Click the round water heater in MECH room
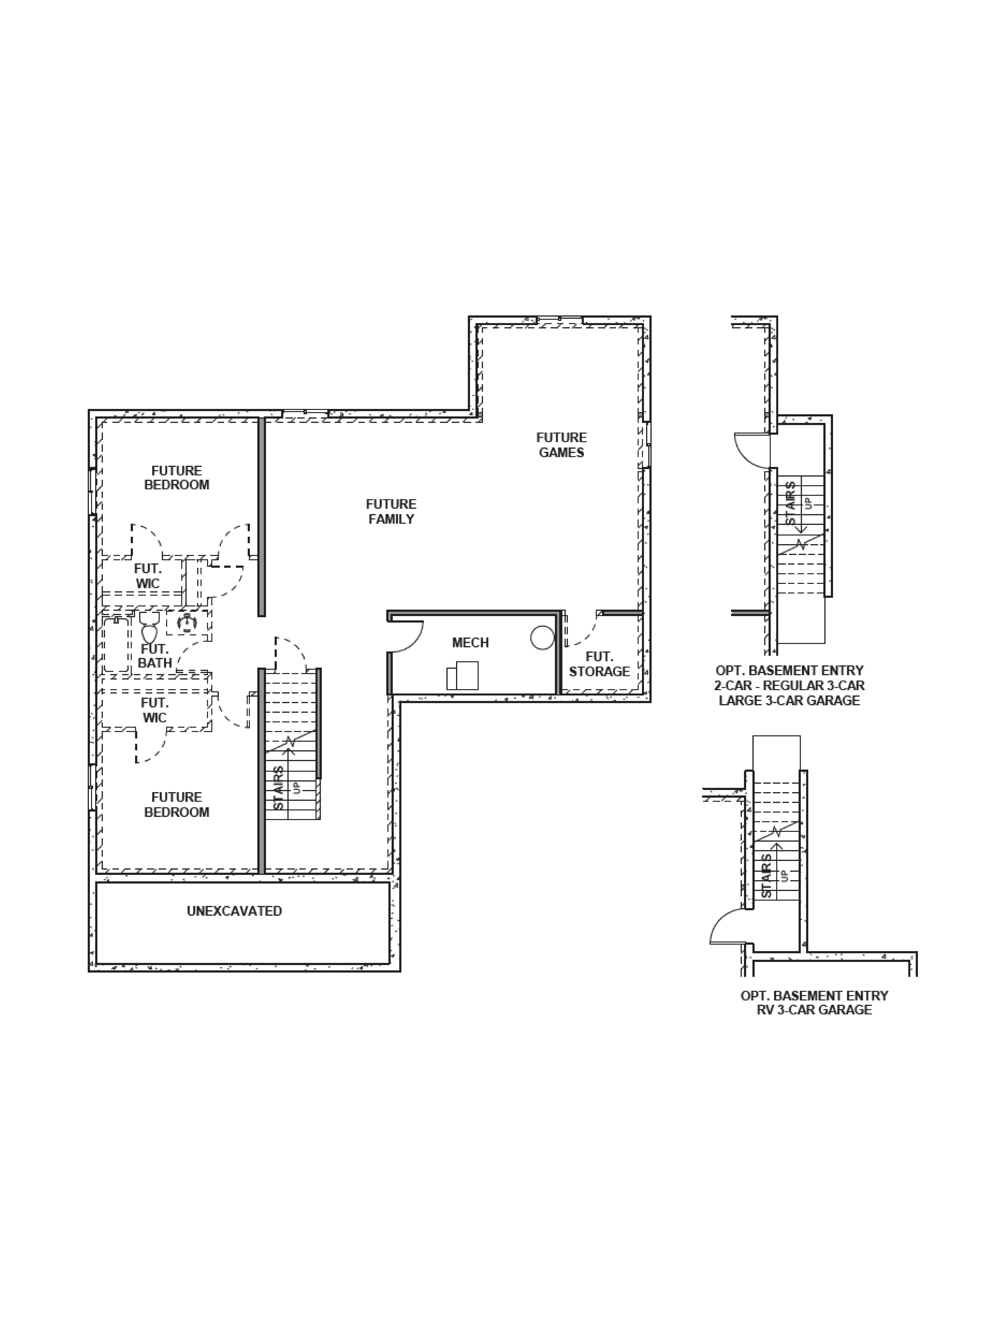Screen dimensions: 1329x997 [x=542, y=638]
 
